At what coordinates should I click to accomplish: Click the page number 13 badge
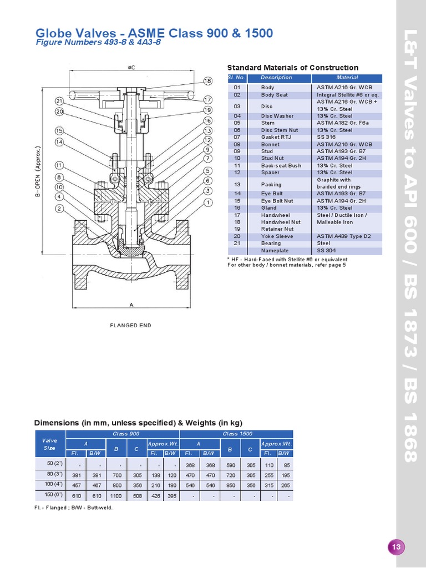point(396,547)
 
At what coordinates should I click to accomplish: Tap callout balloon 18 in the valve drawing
point(208,81)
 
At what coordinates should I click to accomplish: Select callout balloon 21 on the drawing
point(60,101)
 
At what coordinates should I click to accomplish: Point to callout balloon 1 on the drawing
point(208,202)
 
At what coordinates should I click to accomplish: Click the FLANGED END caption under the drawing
point(131,326)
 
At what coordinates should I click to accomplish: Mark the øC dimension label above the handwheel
point(131,68)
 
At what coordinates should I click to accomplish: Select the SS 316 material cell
point(326,138)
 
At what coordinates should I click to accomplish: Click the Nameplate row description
point(274,251)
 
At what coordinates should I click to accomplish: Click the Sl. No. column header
point(237,78)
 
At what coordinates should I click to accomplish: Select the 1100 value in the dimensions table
point(116,495)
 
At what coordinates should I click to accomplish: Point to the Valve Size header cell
point(49,444)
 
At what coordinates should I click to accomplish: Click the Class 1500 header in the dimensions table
point(237,434)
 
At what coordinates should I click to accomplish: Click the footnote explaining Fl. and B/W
point(73,508)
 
